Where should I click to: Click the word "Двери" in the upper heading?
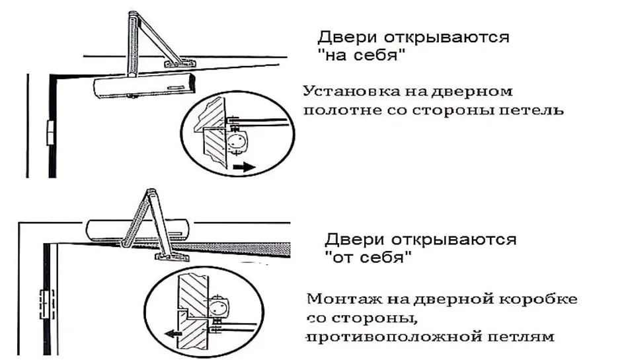[347, 37]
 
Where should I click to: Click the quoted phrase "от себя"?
[368, 256]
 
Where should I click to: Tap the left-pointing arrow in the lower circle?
[173, 333]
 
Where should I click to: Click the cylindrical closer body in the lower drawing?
[137, 230]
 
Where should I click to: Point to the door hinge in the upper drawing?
[50, 131]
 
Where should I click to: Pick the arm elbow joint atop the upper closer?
[133, 16]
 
